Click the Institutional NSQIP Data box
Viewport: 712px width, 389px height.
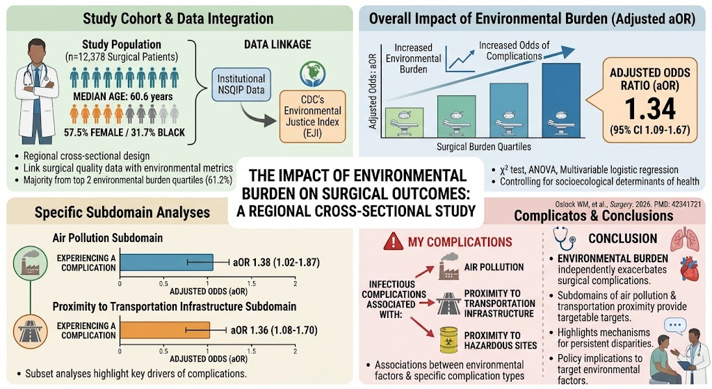pos(241,84)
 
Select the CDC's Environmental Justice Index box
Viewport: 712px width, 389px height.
pos(312,117)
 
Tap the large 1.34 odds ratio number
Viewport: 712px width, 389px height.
pos(650,109)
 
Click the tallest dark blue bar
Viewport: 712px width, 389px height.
pos(561,100)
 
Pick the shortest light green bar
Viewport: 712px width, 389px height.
pos(404,122)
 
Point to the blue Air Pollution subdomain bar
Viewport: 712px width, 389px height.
pos(166,262)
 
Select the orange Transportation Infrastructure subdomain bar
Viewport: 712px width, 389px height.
pos(165,331)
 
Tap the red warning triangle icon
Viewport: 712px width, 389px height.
pos(393,241)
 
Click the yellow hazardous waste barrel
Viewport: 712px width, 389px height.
pos(448,340)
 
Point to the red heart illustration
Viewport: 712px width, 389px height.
pos(689,269)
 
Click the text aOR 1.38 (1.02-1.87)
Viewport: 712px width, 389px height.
pos(276,262)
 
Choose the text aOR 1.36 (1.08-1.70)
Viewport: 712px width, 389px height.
pos(274,331)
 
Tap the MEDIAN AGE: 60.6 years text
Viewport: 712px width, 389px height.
pos(123,97)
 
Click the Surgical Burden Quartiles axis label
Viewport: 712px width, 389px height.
pos(484,147)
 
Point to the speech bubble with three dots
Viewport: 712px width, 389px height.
pos(674,326)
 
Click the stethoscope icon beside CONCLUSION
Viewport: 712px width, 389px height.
pos(564,239)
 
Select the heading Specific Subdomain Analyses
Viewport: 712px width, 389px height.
pos(122,213)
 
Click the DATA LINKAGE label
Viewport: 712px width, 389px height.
pos(277,45)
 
